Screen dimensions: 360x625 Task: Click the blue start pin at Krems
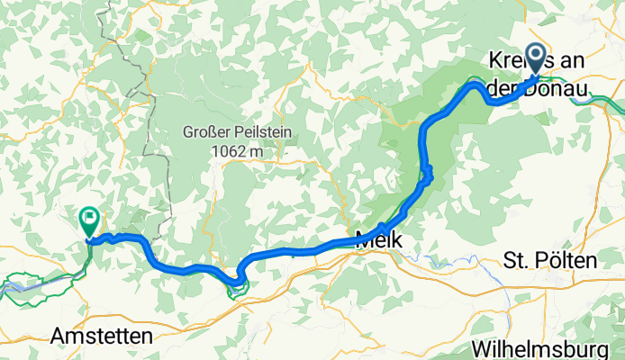(537, 58)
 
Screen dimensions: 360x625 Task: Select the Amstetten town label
(101, 335)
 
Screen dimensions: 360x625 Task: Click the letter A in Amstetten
(57, 335)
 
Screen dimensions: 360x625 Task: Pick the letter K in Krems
(493, 63)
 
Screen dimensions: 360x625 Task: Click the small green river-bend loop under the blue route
(240, 286)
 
